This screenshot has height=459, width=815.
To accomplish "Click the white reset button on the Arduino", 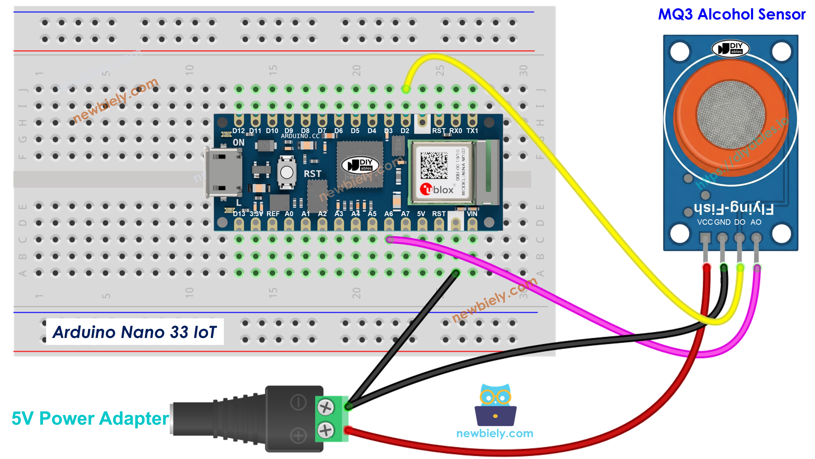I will pyautogui.click(x=287, y=173).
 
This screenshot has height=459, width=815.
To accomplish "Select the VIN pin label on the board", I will pyautogui.click(x=472, y=214).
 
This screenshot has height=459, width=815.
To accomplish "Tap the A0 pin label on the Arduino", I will pyautogui.click(x=289, y=214).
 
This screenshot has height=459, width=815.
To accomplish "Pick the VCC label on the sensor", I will pyautogui.click(x=705, y=222).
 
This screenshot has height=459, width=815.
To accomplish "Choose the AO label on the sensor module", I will pyautogui.click(x=756, y=222).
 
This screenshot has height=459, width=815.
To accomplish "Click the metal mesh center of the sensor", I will pyautogui.click(x=731, y=114).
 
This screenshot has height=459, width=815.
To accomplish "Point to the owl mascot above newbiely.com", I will pyautogui.click(x=495, y=405).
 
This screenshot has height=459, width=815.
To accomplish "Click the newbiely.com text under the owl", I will pyautogui.click(x=495, y=433).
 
